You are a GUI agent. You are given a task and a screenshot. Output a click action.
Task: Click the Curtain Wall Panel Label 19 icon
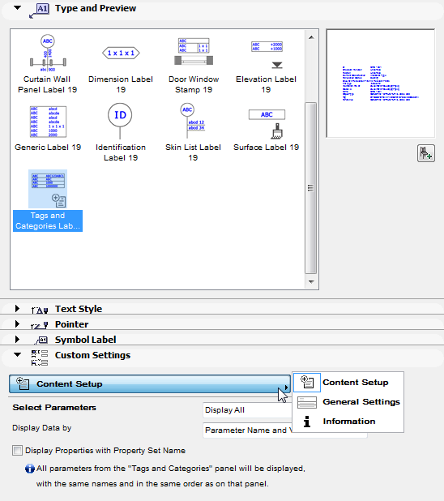[47, 52]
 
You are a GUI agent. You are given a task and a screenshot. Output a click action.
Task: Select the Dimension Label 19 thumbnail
[121, 54]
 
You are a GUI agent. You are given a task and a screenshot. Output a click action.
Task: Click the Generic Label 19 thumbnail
[47, 122]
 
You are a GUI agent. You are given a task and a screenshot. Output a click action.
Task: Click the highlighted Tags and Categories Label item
[48, 199]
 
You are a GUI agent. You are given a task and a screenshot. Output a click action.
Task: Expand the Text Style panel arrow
[17, 309]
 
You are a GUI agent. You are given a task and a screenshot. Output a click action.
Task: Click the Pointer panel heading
[71, 324]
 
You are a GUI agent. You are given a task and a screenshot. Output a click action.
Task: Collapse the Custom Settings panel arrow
[17, 355]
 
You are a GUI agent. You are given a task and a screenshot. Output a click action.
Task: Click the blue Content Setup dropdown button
[149, 383]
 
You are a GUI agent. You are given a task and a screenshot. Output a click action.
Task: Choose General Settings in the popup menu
[361, 402]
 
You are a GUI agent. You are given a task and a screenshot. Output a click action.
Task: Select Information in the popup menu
[348, 422]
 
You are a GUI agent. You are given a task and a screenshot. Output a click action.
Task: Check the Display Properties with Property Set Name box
[17, 450]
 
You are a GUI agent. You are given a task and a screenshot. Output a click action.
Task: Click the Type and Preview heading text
[95, 8]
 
